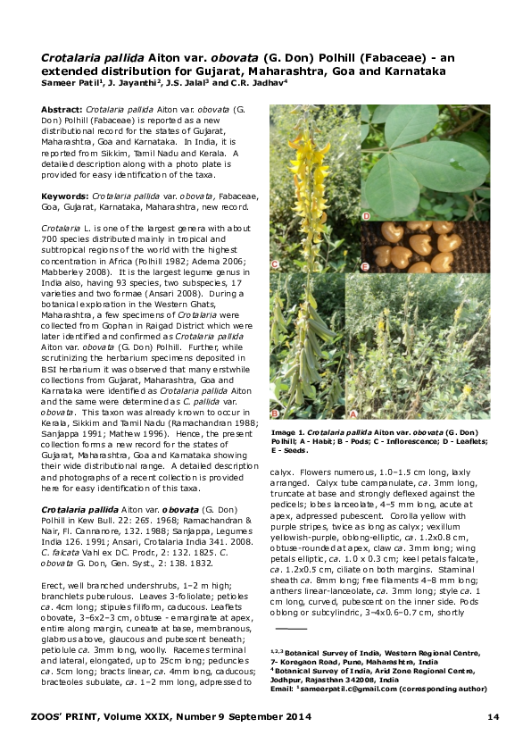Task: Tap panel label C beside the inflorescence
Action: coord(276,264)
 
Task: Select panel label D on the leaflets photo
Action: coord(367,217)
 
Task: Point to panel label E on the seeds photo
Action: coord(365,267)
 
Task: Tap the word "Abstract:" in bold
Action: coord(62,108)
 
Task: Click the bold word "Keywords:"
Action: coord(65,194)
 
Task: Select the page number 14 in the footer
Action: coord(493,717)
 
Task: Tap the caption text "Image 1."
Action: coord(289,431)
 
